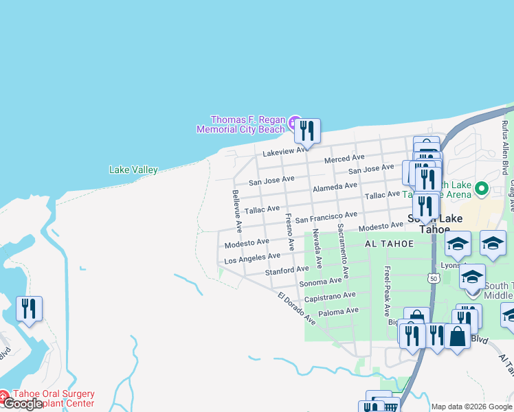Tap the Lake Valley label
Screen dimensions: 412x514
coord(133,170)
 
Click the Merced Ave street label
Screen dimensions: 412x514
coord(344,159)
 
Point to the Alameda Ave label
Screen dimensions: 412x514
coord(335,187)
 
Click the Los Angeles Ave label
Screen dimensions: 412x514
coord(252,257)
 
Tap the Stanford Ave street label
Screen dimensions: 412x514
coord(287,270)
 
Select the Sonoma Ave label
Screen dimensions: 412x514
coord(320,281)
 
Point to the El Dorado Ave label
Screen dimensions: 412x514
coord(297,309)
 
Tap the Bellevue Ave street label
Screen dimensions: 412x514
coord(236,209)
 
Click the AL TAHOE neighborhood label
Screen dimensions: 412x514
coord(389,244)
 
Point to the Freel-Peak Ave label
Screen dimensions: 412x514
coord(388,291)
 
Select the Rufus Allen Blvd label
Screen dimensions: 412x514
coord(505,148)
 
